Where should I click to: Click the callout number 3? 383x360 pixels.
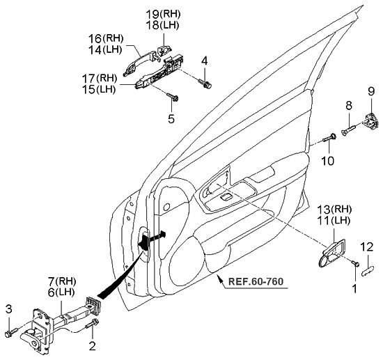[x=9, y=308]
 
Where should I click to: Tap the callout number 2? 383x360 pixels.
[x=91, y=344]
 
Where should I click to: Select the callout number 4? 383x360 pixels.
[x=204, y=62]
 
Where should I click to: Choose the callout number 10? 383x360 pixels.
[x=328, y=161]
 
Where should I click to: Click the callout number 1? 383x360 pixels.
[x=354, y=286]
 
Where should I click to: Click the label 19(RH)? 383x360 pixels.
[x=163, y=14]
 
